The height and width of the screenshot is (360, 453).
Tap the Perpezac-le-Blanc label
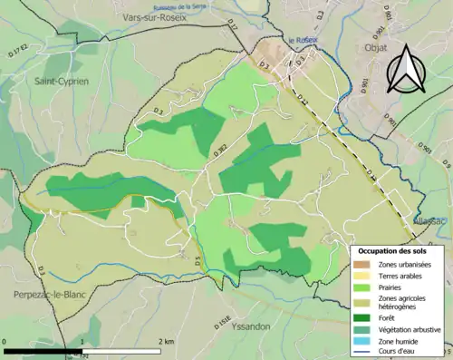tap(52, 296)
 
